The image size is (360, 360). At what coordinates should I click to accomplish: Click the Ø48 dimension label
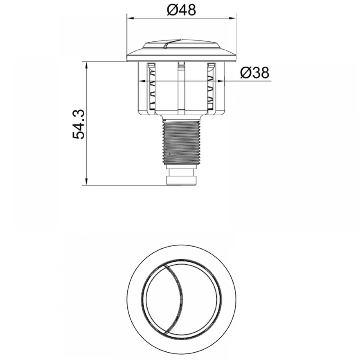[181, 10]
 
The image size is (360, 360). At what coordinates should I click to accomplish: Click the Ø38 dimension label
[255, 73]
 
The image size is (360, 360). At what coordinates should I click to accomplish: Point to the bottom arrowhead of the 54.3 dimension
[86, 181]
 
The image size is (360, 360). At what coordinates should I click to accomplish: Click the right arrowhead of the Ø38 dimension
[221, 81]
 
